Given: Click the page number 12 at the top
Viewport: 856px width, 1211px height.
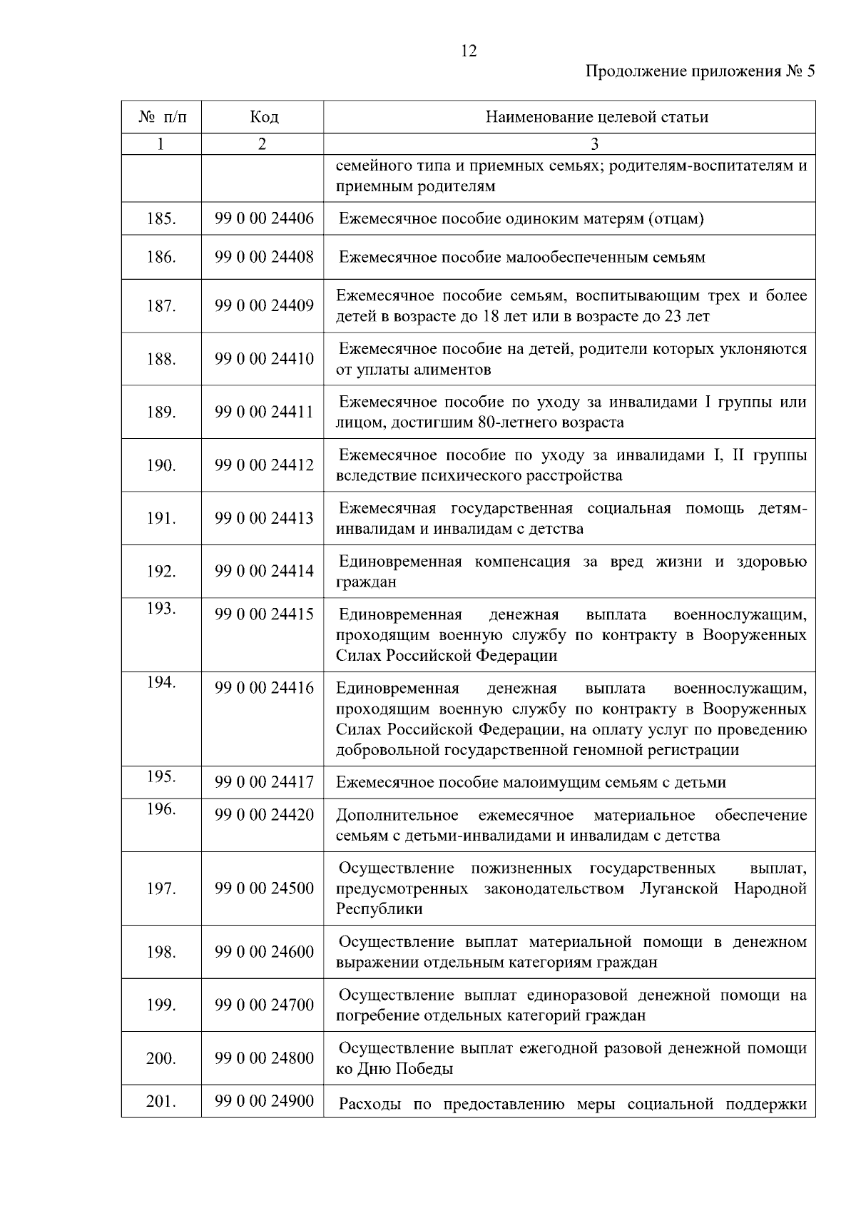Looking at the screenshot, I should [469, 51].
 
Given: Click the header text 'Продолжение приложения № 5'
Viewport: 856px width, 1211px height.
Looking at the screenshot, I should [699, 71].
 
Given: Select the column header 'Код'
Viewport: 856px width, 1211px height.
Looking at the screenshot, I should [264, 117].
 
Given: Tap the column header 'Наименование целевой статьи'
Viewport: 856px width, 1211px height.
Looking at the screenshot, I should [596, 117].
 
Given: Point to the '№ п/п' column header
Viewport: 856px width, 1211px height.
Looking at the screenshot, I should [162, 117].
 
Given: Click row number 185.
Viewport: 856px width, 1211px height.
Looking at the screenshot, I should [161, 219].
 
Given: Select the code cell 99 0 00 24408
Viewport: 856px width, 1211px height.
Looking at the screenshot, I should [264, 257].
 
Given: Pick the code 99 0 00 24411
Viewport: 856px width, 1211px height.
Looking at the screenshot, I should [264, 412].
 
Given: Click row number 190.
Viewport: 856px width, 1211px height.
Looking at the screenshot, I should [161, 465].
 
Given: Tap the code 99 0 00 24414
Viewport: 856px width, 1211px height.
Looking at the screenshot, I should [264, 572].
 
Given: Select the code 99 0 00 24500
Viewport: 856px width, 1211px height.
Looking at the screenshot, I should [264, 889].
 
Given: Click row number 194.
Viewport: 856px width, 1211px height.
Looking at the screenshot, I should [161, 683].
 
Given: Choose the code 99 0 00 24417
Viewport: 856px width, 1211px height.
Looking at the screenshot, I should [264, 783].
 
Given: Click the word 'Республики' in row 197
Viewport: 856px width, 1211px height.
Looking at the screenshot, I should [379, 909].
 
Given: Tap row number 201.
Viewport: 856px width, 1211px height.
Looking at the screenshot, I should [161, 1102].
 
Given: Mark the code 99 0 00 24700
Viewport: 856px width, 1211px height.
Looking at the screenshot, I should [264, 1005].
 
